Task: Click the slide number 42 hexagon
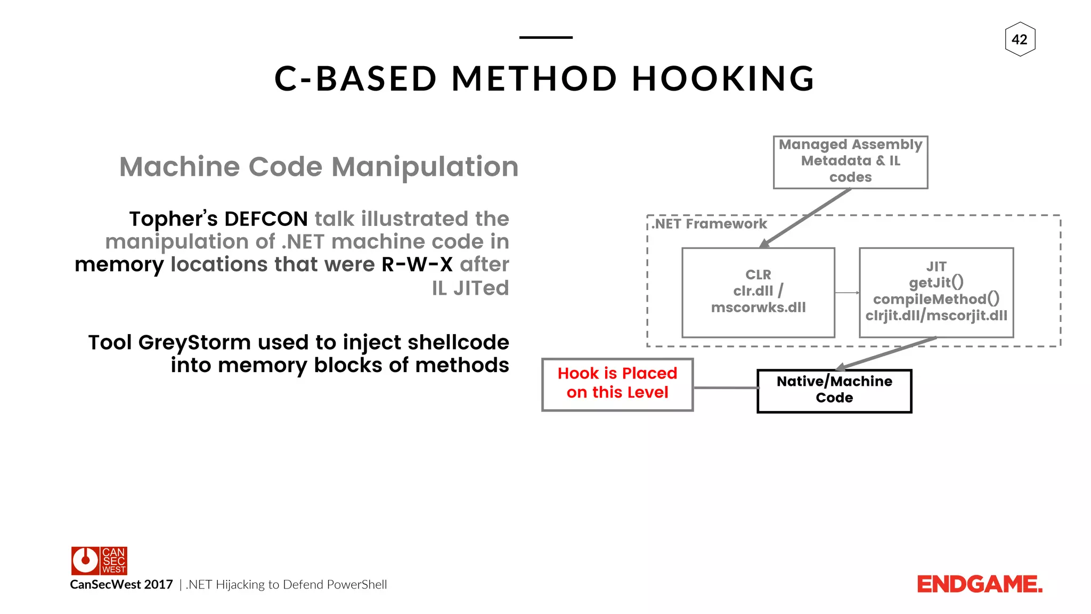click(x=1020, y=39)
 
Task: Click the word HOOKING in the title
click(x=723, y=79)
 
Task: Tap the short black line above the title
click(x=545, y=37)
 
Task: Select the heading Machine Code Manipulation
click(x=319, y=167)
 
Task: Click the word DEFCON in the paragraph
click(x=266, y=219)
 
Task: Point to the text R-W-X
click(x=417, y=265)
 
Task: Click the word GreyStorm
click(x=194, y=343)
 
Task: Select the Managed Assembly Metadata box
click(x=850, y=162)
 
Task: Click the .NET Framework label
click(x=710, y=224)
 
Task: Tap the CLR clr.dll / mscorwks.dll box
click(x=758, y=292)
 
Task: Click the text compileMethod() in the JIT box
click(x=936, y=299)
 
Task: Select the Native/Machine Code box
click(x=834, y=390)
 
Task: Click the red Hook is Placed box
click(x=617, y=384)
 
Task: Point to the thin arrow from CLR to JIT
click(x=846, y=293)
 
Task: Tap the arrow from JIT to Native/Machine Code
click(x=887, y=353)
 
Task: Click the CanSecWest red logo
click(x=99, y=560)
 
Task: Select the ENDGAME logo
click(x=979, y=585)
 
